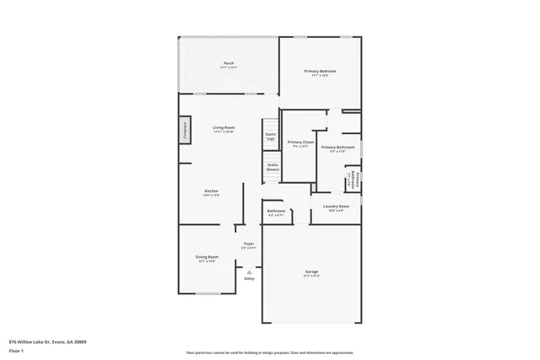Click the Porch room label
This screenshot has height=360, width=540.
tap(229, 64)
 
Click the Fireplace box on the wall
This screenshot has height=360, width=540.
tap(184, 131)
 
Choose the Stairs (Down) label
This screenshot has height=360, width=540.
tap(273, 167)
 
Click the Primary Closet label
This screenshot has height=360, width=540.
tap(300, 142)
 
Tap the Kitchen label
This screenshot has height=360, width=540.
tap(212, 192)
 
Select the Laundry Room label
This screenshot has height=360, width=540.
tap(336, 207)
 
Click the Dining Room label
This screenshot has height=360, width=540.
tap(208, 258)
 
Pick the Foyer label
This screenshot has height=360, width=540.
tap(249, 244)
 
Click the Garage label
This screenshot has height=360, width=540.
tap(312, 272)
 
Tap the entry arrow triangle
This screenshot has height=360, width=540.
tap(249, 271)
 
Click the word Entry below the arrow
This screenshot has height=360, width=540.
tap(249, 278)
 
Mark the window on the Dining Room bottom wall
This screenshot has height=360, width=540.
tap(209, 293)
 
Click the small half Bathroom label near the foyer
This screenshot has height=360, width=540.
tap(277, 212)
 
